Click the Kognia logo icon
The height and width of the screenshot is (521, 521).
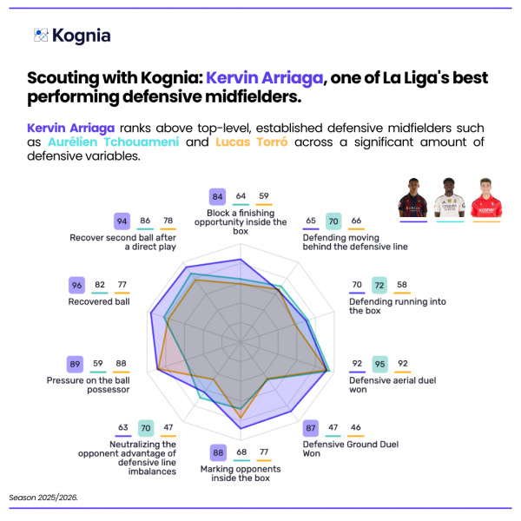(x=40, y=36)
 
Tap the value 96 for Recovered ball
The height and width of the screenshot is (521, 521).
(x=76, y=284)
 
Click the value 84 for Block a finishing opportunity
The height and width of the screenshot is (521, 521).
(x=218, y=196)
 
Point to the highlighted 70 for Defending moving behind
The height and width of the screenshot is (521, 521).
(x=333, y=221)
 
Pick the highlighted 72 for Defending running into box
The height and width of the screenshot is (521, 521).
(x=379, y=284)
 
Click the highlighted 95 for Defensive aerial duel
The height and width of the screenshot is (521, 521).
(x=379, y=363)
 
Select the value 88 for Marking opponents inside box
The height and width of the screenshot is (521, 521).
(x=218, y=452)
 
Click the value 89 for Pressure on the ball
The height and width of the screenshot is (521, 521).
(x=76, y=363)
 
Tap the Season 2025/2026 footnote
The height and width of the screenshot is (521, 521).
(x=43, y=498)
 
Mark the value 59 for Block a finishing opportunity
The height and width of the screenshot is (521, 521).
(x=263, y=196)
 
